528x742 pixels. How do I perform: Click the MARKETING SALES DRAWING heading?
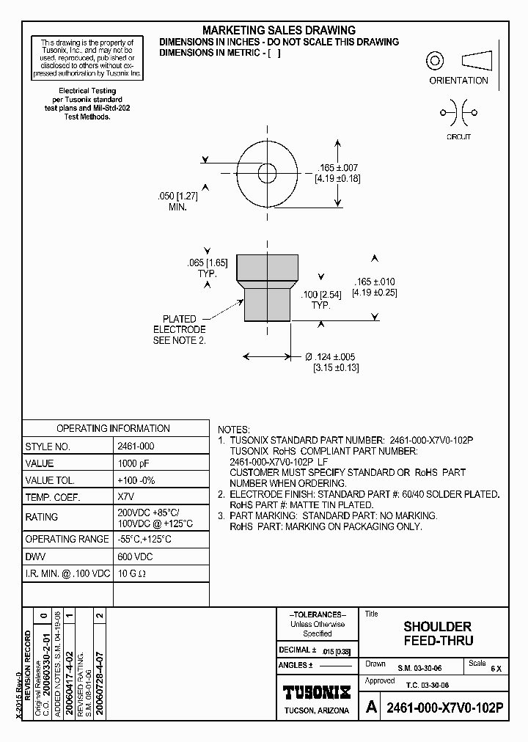279,30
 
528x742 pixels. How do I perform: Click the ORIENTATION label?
458,81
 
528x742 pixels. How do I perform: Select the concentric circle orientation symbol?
436,61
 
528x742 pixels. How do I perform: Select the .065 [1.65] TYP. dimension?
207,268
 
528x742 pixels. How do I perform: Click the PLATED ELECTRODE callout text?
180,330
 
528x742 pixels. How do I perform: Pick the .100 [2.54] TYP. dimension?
320,298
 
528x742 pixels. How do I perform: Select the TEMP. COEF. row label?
52,497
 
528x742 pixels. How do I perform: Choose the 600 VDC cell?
134,556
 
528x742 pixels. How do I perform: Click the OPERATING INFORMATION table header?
113,428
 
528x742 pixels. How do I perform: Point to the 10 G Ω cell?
133,573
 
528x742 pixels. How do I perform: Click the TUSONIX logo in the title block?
317,692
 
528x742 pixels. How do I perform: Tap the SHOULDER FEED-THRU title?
437,633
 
